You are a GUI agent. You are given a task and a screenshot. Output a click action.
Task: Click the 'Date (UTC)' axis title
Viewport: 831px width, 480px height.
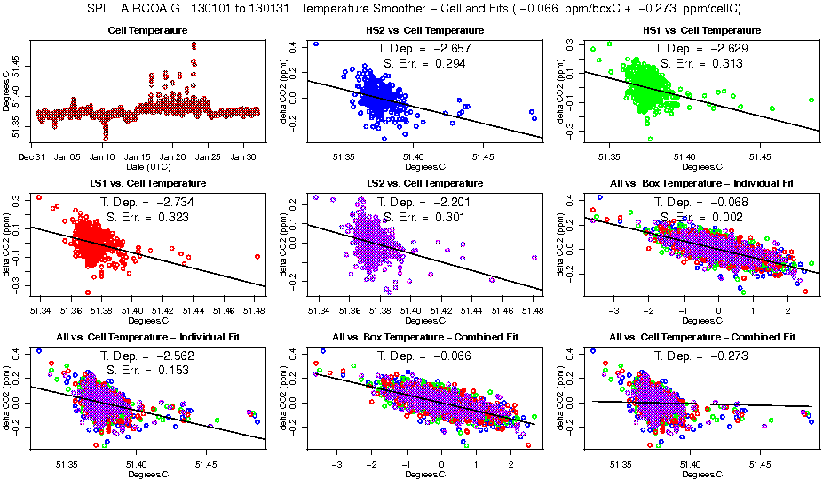tap(147, 166)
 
